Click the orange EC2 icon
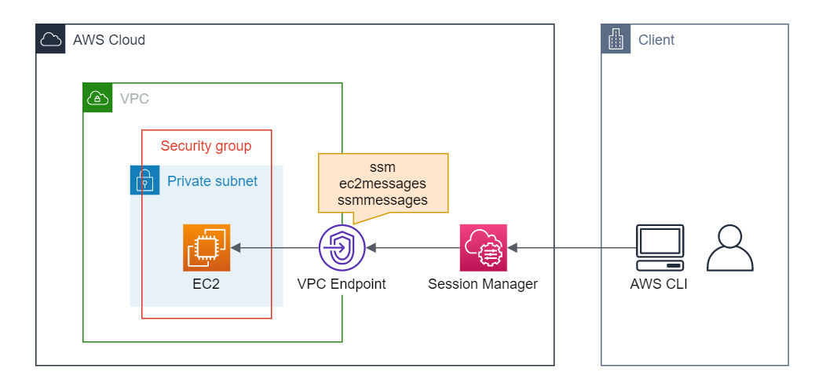206,248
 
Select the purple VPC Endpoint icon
342,248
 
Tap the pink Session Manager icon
483,248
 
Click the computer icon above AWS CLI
659,246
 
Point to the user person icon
729,248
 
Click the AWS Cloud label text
108,40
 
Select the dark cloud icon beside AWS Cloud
51,39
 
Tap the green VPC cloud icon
98,98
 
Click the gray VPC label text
134,99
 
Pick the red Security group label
206,146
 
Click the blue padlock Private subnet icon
144,180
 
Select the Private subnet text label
212,181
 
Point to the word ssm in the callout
382,167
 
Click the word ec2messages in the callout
382,184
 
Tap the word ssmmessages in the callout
382,200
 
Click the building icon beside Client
616,39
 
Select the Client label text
656,40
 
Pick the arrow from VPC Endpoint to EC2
275,248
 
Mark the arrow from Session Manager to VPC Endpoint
412,248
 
